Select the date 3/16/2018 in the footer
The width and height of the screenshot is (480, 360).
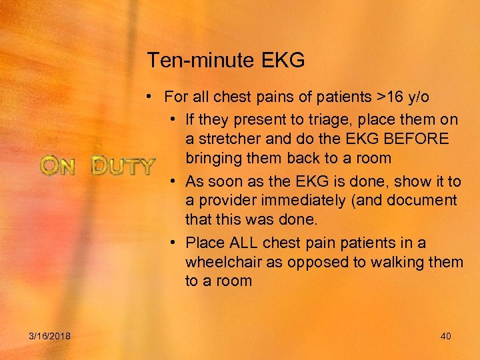[x=50, y=336]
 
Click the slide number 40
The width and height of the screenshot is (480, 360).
[x=445, y=336]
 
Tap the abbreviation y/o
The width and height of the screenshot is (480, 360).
[x=419, y=97]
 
